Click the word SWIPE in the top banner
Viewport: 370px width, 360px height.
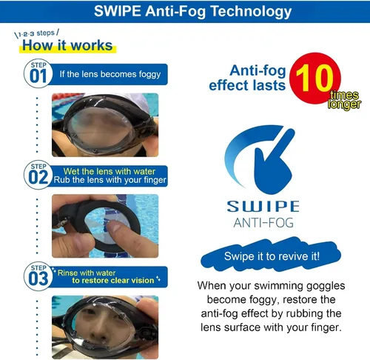point(118,11)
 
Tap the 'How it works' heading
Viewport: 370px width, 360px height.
point(67,45)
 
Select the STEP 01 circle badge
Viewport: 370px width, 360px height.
point(38,73)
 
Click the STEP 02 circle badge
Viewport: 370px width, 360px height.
point(38,175)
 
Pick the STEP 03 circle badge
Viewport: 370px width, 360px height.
point(38,276)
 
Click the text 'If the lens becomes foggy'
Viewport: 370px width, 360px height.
point(110,74)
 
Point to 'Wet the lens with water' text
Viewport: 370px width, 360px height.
point(110,171)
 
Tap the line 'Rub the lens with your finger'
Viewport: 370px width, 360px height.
point(110,180)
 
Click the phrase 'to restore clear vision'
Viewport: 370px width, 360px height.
point(113,281)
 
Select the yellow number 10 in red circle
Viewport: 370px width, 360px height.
point(314,78)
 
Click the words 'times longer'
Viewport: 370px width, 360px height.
point(344,100)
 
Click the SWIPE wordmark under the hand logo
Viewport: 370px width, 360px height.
point(263,207)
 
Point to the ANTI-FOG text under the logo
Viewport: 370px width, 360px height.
point(263,223)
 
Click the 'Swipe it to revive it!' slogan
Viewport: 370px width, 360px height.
point(272,256)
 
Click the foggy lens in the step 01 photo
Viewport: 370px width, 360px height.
point(101,128)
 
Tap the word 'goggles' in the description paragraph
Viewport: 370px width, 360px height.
point(326,286)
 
